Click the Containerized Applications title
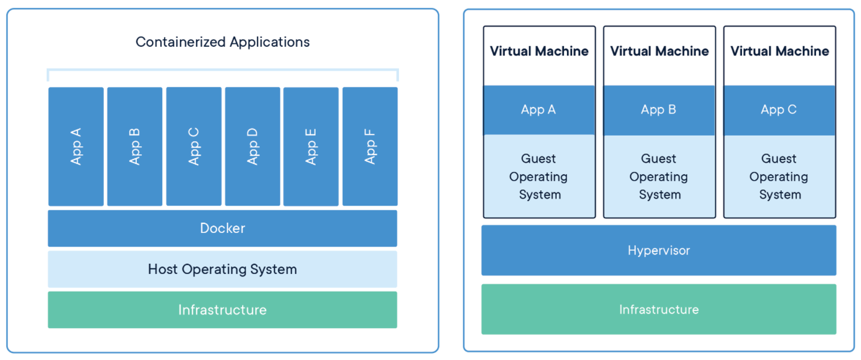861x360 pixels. pos(222,42)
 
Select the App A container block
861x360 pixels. pos(76,146)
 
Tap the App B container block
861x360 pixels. pos(134,146)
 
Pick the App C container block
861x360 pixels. pos(194,146)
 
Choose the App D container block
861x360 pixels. pos(252,146)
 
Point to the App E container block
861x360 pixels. pos(311,146)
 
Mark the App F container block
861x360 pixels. pos(370,146)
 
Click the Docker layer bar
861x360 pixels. pos(222,228)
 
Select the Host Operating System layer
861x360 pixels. pos(222,269)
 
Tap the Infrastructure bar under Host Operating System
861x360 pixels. pos(222,310)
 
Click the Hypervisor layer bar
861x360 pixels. pos(659,250)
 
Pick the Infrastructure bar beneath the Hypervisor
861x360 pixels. pos(659,309)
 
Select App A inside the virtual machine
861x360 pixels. pos(538,110)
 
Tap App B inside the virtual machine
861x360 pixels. pos(659,110)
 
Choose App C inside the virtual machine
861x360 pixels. pos(779,110)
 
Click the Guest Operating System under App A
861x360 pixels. pos(538,177)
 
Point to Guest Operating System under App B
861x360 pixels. pos(659,177)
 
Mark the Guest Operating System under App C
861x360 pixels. pos(779,177)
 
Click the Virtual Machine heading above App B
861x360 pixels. pos(659,51)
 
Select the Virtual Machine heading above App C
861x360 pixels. pos(779,51)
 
